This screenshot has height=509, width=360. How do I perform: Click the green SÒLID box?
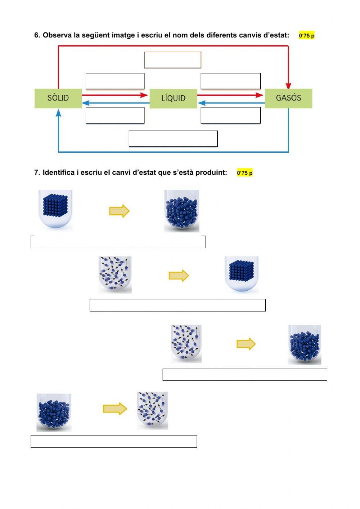(58, 98)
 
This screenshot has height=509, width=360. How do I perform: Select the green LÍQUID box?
(173, 98)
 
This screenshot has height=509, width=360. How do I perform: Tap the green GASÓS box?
(288, 98)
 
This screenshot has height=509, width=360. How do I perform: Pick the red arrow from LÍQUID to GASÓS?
(230, 95)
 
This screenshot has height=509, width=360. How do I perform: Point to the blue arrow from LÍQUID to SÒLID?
(115, 103)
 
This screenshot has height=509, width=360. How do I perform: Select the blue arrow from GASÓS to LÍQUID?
(230, 103)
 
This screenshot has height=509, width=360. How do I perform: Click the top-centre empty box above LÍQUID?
(172, 60)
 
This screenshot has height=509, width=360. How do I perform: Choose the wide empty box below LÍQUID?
(173, 139)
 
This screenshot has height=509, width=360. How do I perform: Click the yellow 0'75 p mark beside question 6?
(307, 36)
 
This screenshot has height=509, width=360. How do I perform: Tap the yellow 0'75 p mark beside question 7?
(245, 173)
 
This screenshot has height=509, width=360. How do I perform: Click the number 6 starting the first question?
(36, 35)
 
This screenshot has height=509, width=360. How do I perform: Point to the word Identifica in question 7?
(59, 173)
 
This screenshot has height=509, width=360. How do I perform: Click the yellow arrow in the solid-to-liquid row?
(119, 211)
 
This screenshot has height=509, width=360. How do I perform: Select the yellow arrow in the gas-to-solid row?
(179, 276)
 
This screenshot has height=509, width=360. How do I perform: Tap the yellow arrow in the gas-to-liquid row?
(246, 344)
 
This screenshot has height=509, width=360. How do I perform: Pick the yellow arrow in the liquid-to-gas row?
(115, 408)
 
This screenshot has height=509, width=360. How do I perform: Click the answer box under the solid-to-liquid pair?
(118, 242)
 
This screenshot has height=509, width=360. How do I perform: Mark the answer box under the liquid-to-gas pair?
(114, 442)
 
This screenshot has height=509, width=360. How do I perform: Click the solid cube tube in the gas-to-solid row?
(242, 275)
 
